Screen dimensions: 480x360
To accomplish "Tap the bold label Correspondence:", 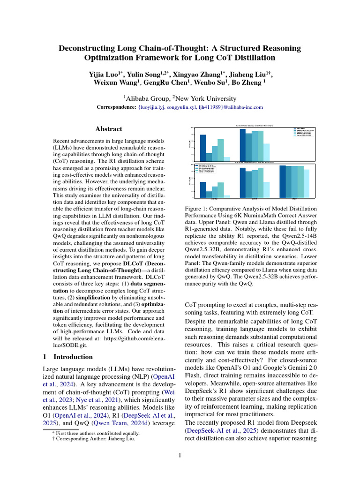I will (x=116, y=107).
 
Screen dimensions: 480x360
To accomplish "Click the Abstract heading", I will (x=109, y=129).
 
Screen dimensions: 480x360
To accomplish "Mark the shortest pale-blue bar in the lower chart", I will (x=227, y=196).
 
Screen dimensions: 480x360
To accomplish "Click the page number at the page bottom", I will (x=180, y=455).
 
